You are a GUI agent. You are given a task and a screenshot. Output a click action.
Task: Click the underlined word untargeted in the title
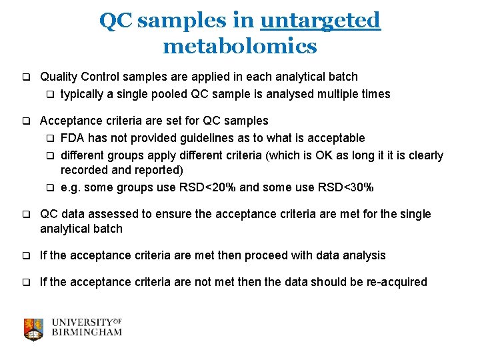320,21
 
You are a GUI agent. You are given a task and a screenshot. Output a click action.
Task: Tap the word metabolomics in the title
239,46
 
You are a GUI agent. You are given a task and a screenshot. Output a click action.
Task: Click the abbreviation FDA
72,138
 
